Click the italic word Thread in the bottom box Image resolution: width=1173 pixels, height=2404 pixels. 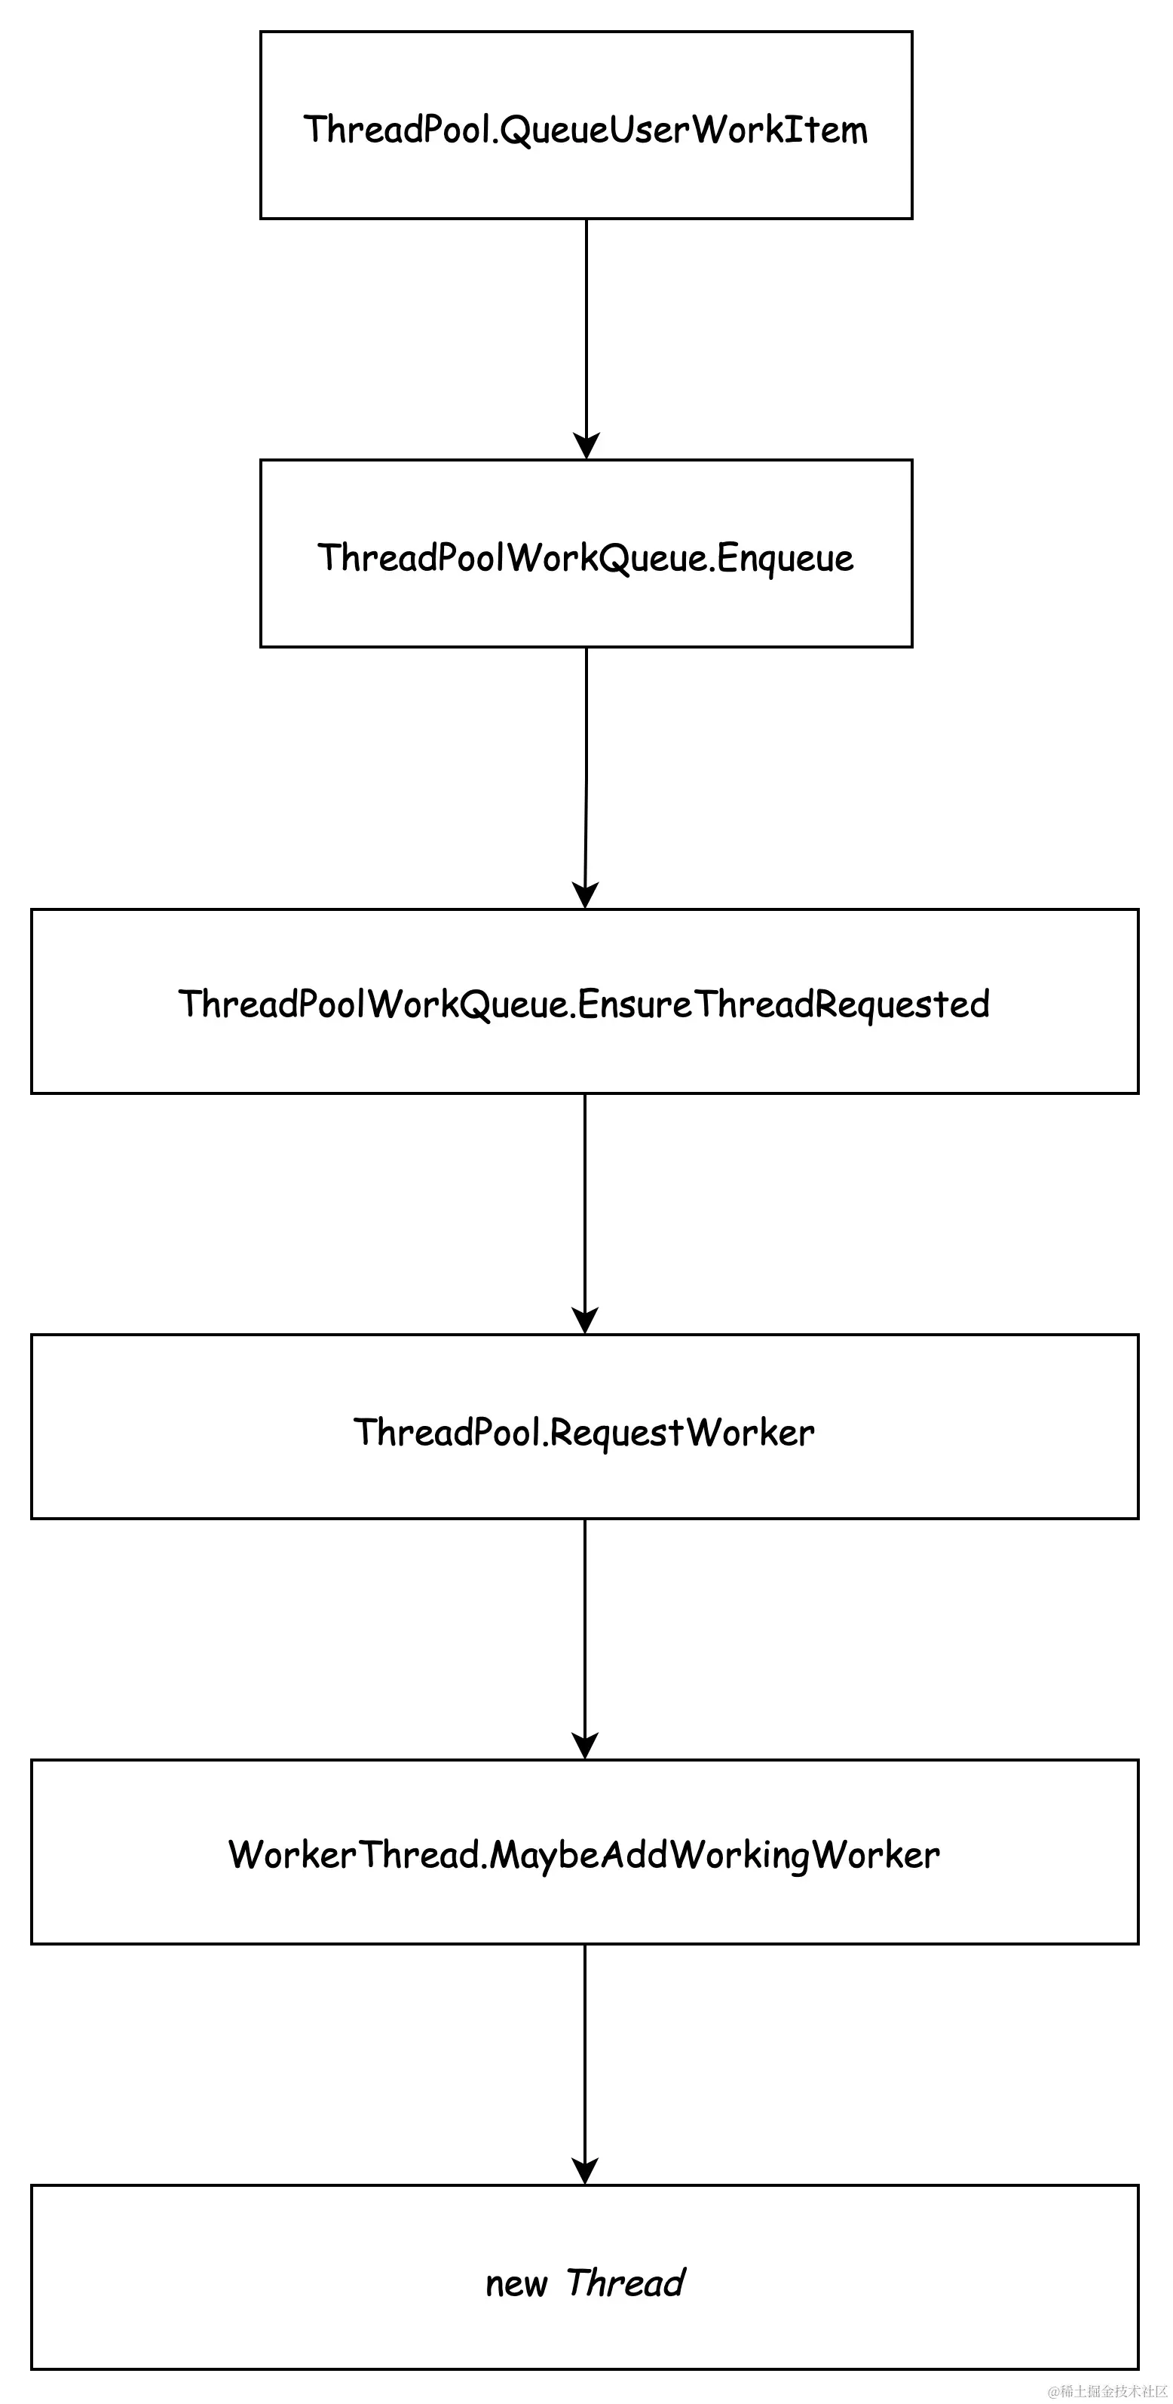point(625,2283)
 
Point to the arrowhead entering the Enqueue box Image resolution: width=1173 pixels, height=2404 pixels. point(586,446)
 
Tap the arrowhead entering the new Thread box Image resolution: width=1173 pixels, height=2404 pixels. point(585,2172)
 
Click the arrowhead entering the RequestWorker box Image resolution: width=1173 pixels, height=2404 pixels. point(585,1320)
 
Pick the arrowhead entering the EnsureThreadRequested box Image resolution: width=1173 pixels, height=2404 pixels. point(585,895)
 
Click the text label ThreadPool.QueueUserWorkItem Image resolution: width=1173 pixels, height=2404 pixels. point(586,130)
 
